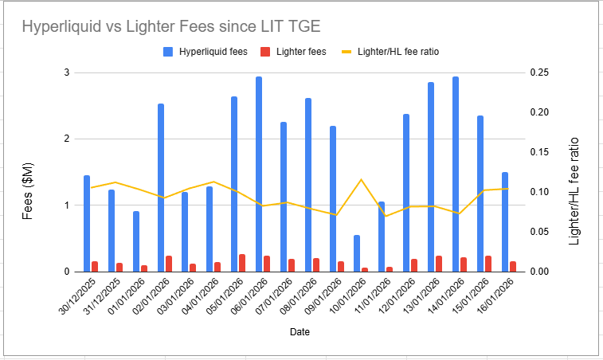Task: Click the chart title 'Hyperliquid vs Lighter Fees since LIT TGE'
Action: coord(171,26)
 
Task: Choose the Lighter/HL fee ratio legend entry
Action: coord(391,52)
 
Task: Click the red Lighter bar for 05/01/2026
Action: coord(242,263)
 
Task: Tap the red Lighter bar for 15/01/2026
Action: coord(487,264)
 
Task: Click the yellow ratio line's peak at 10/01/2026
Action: coord(361,179)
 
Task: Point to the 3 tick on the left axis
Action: coord(67,72)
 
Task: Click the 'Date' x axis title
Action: coord(300,331)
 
